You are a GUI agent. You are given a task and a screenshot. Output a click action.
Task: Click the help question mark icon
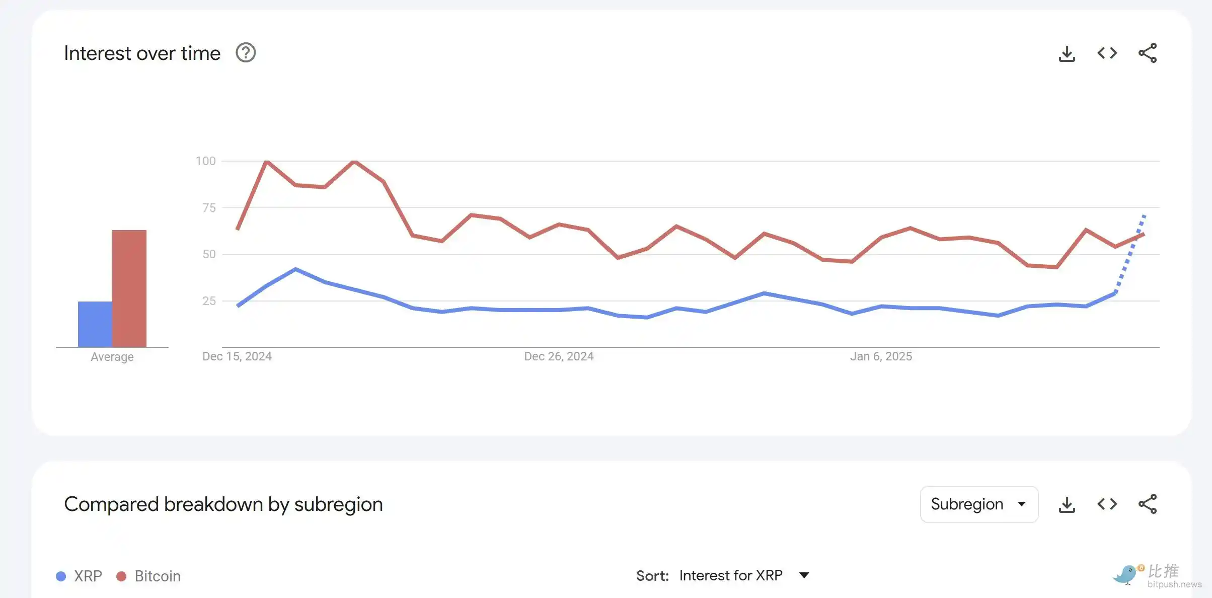(246, 53)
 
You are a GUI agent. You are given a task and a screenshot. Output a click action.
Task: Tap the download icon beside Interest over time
(1067, 53)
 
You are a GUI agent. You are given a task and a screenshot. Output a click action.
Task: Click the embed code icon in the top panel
(1107, 53)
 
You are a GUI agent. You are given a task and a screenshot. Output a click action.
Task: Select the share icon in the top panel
(1148, 53)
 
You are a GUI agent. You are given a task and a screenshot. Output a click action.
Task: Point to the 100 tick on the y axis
(205, 161)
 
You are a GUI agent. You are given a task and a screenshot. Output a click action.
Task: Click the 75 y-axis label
(209, 207)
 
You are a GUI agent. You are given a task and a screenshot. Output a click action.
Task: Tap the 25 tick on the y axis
(209, 301)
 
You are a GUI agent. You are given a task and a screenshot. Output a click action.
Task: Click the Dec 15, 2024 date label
(237, 356)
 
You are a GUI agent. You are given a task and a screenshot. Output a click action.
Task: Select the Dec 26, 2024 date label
(559, 356)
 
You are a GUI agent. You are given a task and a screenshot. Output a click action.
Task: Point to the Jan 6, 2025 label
(881, 356)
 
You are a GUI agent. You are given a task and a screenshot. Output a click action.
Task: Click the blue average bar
(95, 324)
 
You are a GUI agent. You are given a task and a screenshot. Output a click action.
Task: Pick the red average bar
(129, 288)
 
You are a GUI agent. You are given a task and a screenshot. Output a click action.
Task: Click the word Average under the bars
(112, 357)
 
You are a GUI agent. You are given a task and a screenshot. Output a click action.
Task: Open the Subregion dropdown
(979, 504)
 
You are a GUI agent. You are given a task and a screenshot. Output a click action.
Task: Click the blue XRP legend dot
(61, 576)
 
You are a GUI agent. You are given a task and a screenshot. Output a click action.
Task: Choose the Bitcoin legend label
(158, 576)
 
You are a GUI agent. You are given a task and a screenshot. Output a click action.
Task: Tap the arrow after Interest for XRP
(804, 575)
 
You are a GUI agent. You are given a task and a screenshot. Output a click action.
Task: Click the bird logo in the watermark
(1125, 574)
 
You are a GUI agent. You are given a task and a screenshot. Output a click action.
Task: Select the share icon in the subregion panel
(1148, 504)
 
